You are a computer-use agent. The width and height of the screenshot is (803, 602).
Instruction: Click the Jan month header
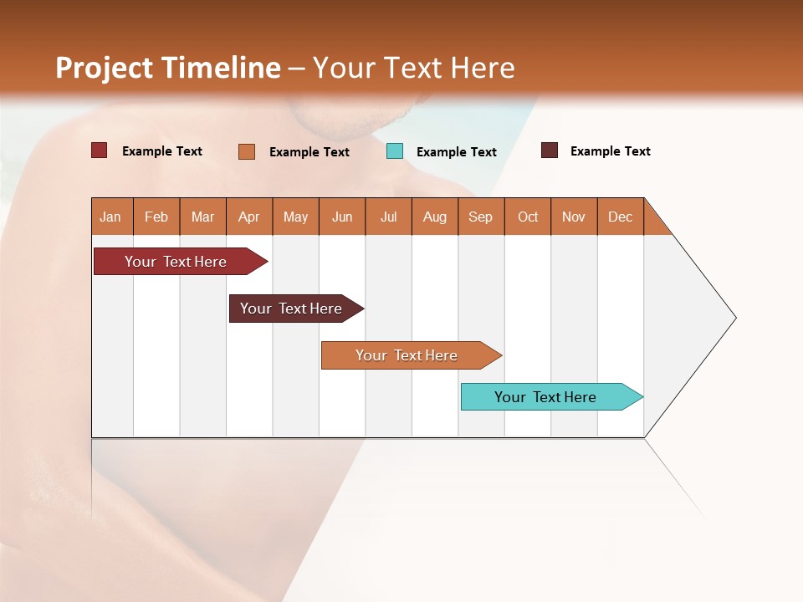pos(110,217)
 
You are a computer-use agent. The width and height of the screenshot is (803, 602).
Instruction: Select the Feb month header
pos(156,217)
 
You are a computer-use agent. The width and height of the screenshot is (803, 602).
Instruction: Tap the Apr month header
pos(249,217)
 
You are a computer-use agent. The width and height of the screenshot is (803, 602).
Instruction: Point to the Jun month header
pos(342,217)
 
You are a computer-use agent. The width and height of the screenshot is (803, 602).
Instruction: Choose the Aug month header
pos(435,217)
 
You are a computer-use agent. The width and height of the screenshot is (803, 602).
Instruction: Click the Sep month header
pos(481,217)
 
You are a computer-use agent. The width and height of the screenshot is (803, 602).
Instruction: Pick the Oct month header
pos(528,217)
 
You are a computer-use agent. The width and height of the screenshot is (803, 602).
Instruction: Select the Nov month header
pos(574,217)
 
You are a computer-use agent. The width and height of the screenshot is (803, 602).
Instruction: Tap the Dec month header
pos(621,217)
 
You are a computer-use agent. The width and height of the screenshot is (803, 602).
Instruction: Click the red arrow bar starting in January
pos(176,262)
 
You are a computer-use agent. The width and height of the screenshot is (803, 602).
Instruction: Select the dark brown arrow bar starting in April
pos(291,309)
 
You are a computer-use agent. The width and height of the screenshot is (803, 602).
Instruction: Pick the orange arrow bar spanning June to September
pos(407,355)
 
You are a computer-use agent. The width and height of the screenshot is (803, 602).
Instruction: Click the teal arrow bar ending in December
pos(545,397)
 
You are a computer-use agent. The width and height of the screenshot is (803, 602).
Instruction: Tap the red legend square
pos(100,150)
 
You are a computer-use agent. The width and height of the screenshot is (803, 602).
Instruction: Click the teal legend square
pos(395,151)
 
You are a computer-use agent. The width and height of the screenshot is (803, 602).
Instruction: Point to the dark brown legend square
pos(550,150)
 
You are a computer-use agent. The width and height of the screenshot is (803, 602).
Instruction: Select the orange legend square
pos(247,151)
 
